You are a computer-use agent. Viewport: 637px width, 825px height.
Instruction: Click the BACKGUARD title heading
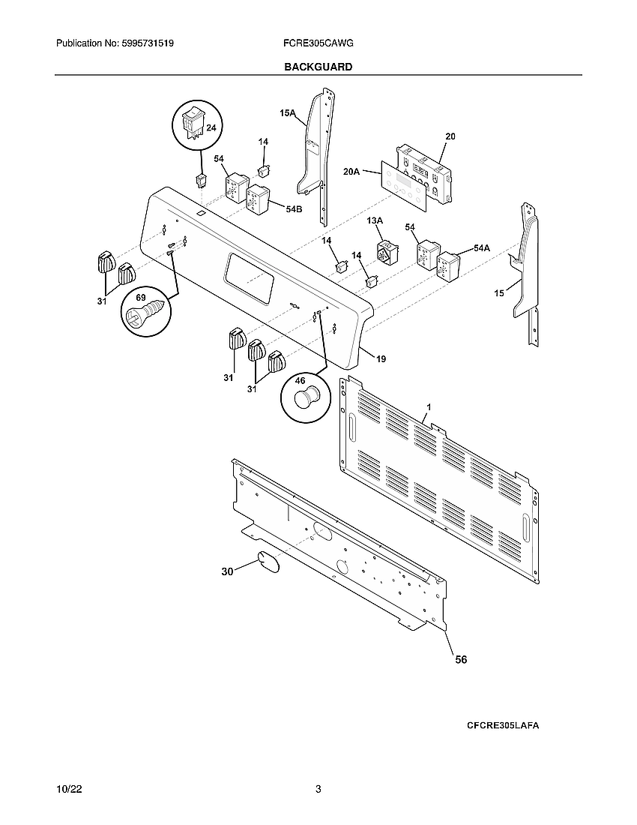[318, 67]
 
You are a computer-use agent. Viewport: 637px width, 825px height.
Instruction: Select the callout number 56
[461, 659]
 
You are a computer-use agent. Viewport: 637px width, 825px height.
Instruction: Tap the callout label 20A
[352, 172]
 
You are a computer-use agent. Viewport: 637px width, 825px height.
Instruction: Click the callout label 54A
[481, 248]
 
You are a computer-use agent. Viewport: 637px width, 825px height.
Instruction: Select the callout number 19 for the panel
[381, 359]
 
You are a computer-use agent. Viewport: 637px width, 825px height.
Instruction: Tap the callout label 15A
[288, 114]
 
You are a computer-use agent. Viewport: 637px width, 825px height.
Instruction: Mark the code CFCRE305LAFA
[503, 726]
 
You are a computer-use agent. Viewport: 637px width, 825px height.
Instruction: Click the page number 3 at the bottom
[318, 789]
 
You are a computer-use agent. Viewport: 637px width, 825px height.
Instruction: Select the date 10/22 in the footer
[69, 789]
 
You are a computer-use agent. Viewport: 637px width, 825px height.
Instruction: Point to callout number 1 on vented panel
[428, 406]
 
